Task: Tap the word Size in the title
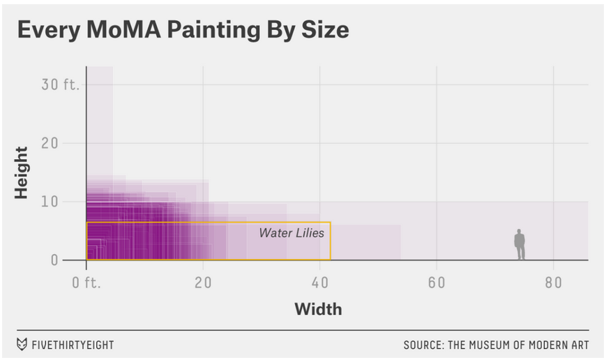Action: click(x=324, y=31)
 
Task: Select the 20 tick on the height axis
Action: click(x=68, y=143)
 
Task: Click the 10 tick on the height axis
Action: click(x=68, y=202)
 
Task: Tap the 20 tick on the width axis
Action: click(x=203, y=283)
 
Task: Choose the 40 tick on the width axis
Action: click(x=320, y=283)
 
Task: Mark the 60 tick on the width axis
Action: click(x=437, y=283)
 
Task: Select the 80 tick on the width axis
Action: click(x=553, y=283)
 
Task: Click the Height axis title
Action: click(x=22, y=172)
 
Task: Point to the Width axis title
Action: click(x=318, y=308)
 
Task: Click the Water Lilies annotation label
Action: click(x=291, y=233)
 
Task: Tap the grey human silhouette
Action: click(x=520, y=244)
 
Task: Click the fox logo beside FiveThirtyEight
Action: click(x=22, y=345)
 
